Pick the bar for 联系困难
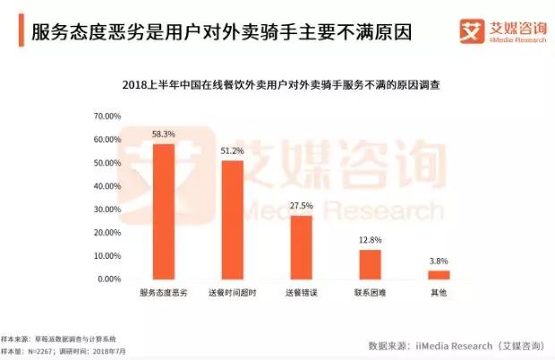click(370, 264)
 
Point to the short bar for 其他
click(439, 275)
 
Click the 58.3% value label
click(163, 133)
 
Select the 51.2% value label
click(232, 150)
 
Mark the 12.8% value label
click(370, 239)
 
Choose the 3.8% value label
click(439, 261)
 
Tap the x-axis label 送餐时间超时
click(232, 294)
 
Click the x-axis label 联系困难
click(370, 294)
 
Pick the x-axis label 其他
click(439, 294)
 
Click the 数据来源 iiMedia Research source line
click(456, 345)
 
